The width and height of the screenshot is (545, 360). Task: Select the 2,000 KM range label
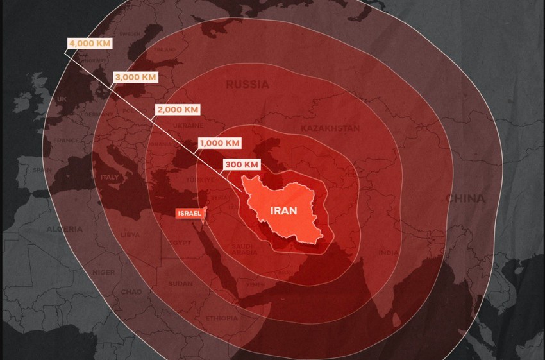(178, 109)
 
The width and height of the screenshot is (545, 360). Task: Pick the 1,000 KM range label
(220, 142)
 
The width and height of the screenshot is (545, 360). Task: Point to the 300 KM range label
(242, 165)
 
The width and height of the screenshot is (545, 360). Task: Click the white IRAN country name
(283, 210)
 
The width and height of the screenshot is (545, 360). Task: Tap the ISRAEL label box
(189, 213)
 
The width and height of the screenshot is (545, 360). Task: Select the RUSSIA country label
(247, 85)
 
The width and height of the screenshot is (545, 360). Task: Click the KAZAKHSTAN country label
(330, 128)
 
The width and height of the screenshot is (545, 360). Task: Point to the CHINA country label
(465, 198)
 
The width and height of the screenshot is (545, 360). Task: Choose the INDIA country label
(388, 253)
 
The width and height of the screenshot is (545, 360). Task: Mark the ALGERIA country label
(64, 229)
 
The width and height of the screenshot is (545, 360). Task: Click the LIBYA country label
(130, 235)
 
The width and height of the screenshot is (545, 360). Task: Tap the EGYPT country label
(180, 243)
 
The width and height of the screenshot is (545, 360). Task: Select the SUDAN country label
(180, 283)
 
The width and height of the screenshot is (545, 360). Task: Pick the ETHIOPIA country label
(222, 318)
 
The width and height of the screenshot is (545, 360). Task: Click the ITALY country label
(110, 177)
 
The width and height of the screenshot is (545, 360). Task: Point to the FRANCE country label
(67, 141)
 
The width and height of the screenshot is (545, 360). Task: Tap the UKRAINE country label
(188, 126)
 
